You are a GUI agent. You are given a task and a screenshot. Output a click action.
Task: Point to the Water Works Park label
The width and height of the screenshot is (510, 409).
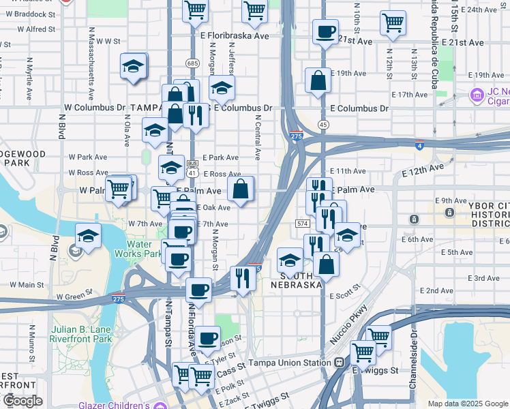144,249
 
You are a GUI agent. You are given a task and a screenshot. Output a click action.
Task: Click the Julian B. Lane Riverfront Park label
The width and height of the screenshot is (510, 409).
81,333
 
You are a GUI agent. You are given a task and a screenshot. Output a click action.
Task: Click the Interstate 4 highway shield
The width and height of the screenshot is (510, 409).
420,145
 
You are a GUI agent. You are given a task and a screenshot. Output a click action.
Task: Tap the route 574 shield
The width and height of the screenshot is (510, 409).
303,224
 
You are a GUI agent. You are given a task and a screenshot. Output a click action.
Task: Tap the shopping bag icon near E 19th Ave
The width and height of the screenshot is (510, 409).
318,80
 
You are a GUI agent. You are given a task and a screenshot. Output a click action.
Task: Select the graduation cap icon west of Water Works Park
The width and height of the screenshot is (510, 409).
88,236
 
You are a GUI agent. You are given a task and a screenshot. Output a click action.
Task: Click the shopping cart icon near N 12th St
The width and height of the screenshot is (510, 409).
393,22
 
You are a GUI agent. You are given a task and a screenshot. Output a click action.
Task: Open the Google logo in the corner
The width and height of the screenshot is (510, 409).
22,401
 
